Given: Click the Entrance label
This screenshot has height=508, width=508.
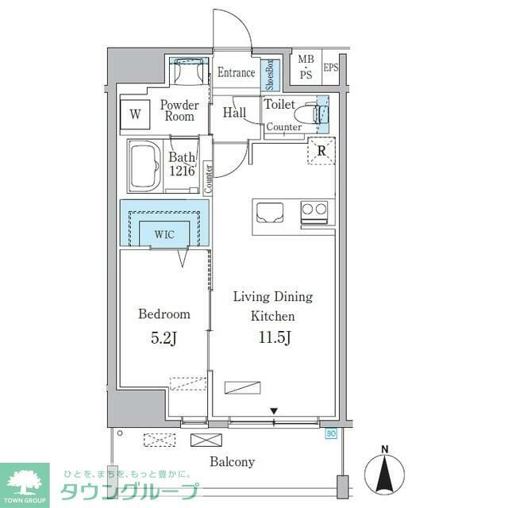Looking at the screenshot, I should (x=236, y=73).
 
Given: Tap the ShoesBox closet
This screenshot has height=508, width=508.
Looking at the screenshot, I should (x=269, y=73).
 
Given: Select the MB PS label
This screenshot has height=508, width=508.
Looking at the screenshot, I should (x=306, y=67).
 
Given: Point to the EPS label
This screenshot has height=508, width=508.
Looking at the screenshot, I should (x=330, y=67).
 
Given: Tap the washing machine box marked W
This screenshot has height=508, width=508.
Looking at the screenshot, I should (x=135, y=114).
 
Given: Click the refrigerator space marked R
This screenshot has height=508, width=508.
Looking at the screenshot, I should (x=322, y=151).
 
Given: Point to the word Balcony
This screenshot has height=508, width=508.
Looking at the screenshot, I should (x=232, y=462).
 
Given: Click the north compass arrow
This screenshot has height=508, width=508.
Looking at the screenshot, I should (x=385, y=473).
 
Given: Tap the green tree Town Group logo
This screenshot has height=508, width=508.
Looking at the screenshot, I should (x=25, y=481).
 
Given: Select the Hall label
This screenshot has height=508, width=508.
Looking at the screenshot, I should (x=234, y=113).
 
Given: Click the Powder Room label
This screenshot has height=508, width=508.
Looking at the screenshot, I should (x=180, y=110).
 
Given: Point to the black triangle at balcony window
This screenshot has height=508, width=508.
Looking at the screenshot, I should (x=274, y=410).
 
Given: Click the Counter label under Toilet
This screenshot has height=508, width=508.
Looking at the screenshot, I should (x=283, y=127).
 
